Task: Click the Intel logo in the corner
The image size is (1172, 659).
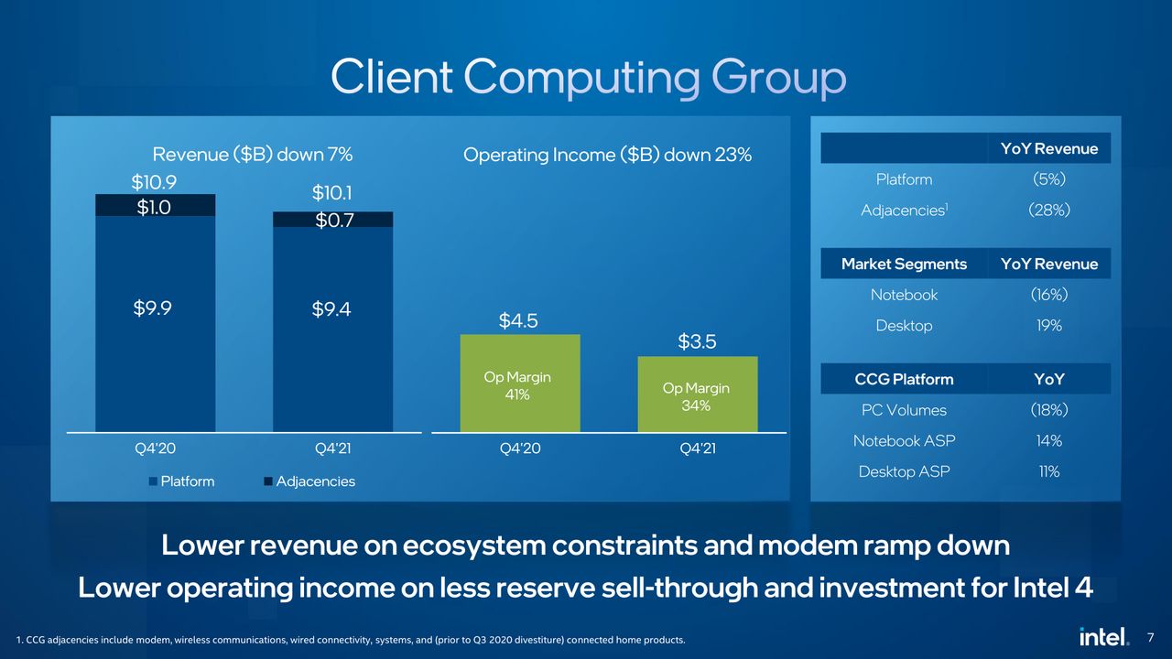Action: pos(1103,636)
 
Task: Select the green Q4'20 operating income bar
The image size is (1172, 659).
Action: pos(520,383)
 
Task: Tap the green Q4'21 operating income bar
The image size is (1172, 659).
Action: pos(698,394)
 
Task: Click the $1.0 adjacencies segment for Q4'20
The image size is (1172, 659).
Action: pos(155,205)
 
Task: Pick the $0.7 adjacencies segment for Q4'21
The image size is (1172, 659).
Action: pos(332,219)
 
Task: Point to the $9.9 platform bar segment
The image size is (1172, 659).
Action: pos(155,324)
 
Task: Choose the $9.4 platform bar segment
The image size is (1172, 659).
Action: pos(332,329)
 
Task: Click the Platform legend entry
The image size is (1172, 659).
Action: pos(181,481)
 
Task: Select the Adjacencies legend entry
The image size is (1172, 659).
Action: pos(309,481)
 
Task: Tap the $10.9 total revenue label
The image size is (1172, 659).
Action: pos(154,182)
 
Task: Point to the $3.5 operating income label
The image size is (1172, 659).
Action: pos(697,341)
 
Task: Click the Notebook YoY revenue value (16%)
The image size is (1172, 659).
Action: pos(1049,295)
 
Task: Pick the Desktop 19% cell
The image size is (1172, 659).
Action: pos(1049,325)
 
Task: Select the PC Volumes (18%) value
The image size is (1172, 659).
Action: pos(1049,409)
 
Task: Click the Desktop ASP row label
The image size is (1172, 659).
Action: pos(904,471)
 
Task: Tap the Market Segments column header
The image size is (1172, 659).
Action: pos(904,264)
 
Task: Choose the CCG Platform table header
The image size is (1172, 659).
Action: pos(904,379)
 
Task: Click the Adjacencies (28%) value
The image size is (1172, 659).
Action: pos(1049,210)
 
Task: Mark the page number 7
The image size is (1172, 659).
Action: pos(1150,638)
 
